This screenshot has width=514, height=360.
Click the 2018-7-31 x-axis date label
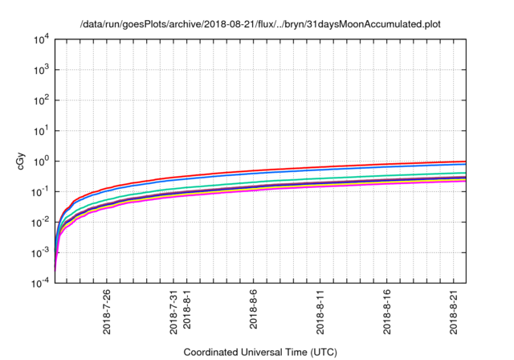(173, 311)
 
